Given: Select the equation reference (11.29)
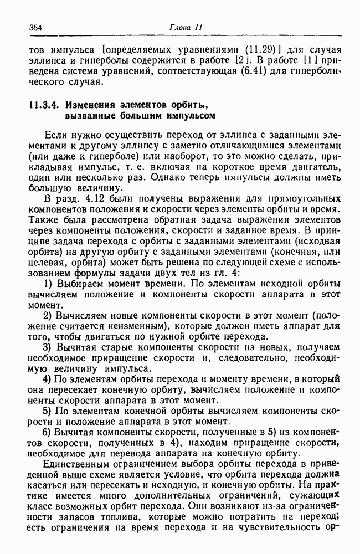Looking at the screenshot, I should pos(239,48).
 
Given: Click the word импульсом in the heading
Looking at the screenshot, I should pos(186,116).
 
